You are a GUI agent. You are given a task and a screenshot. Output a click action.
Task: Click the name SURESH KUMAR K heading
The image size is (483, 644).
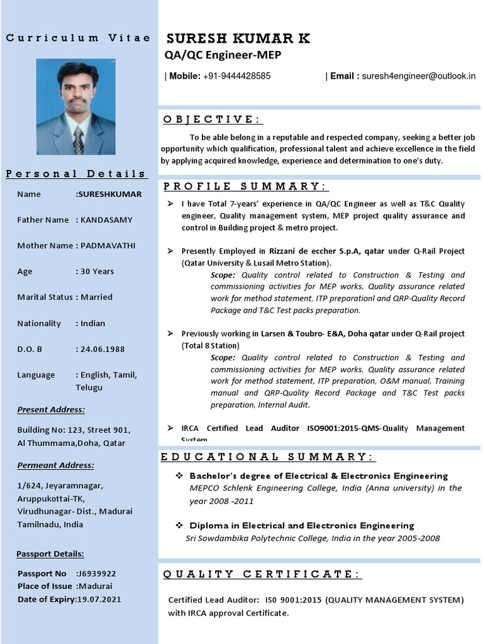pos(238,39)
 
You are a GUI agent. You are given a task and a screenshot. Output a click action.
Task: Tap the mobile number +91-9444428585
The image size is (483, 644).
pos(237,76)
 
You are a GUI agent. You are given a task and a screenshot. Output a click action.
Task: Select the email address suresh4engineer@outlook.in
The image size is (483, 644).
pos(418,76)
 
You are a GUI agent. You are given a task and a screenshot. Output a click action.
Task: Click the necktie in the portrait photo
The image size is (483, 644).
pos(78,140)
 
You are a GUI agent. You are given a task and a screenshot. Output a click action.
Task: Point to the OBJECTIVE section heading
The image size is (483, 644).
pos(213,119)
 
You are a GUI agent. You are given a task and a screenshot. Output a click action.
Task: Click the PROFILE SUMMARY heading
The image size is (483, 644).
pos(245,186)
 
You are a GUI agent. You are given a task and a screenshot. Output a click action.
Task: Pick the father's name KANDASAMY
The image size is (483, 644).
pos(106,220)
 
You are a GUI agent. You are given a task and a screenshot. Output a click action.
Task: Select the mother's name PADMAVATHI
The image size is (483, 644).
pos(108,246)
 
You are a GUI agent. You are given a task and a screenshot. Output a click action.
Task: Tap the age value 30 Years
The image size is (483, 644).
pos(97,272)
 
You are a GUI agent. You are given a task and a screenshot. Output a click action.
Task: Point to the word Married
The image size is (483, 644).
pos(97,297)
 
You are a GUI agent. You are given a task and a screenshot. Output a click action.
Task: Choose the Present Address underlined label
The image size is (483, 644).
pos(51,410)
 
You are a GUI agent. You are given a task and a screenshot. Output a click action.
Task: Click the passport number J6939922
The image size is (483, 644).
pos(96,574)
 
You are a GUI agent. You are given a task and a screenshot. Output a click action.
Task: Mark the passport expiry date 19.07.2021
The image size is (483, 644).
pos(98,599)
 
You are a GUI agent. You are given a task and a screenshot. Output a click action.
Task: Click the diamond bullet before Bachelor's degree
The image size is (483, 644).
pos(179,476)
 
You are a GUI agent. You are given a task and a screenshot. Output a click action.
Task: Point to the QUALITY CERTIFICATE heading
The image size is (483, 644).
pos(262,574)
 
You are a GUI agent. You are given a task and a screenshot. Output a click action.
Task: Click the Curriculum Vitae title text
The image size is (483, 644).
pos(78,38)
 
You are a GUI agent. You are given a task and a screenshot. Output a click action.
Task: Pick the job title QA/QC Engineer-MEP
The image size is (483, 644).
pos(223,55)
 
